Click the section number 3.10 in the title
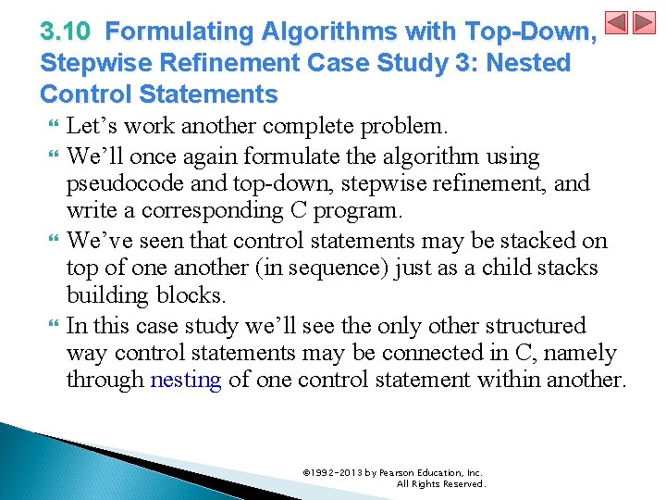(x=65, y=32)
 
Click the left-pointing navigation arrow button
(x=617, y=23)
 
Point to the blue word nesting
(x=185, y=381)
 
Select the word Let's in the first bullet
(x=92, y=126)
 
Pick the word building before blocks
(x=102, y=296)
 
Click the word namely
(x=583, y=353)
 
